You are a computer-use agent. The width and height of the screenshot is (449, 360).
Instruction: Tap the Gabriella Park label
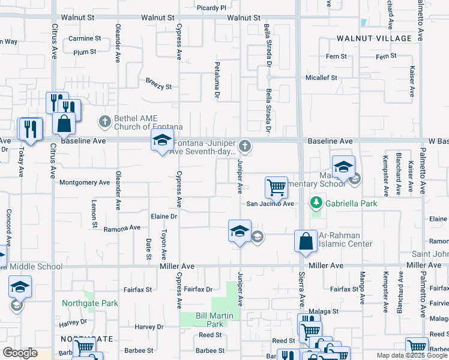coord(351,204)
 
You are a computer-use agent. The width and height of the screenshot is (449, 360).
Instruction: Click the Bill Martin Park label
coord(210,320)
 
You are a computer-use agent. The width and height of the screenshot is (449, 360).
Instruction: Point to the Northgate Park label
coord(90,303)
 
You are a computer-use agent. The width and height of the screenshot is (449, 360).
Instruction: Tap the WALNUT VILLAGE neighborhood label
coord(375,38)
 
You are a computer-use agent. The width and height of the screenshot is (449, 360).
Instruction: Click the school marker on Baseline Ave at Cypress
coord(161,142)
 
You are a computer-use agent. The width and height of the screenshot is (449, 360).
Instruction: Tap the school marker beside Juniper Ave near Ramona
coord(239,231)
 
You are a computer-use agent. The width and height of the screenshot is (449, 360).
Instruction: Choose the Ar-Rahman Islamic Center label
coord(345,239)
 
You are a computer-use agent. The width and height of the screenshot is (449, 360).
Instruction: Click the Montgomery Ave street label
coord(85,182)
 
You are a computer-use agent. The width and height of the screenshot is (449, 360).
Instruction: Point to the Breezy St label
coord(158,86)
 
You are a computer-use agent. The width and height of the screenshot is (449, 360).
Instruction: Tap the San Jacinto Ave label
coord(270,204)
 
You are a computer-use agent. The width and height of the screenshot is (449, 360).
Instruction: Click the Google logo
coord(20,353)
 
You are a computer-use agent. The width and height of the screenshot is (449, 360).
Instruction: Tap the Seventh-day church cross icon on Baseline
coord(244,145)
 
